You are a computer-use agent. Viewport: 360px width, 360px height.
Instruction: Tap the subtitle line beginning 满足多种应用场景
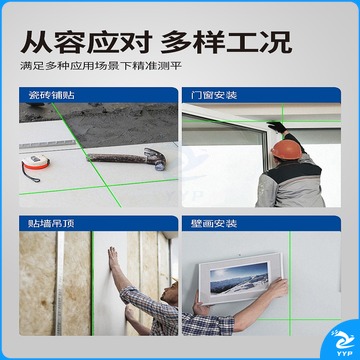[101, 65]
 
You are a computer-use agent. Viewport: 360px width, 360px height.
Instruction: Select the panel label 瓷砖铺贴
[51, 95]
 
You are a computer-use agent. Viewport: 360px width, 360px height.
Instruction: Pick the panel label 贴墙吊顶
[51, 223]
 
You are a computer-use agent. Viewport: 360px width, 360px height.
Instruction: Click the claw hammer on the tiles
[127, 158]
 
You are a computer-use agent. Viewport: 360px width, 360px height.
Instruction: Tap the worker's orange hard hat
[287, 150]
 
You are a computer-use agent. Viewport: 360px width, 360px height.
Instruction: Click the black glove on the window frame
[276, 127]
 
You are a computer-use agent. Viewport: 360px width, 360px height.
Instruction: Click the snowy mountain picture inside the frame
[239, 278]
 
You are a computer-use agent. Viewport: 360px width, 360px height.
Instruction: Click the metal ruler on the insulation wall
[60, 283]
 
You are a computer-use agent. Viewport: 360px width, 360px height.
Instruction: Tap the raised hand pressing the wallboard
[113, 258]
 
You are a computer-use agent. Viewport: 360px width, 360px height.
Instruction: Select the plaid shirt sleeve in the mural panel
[207, 324]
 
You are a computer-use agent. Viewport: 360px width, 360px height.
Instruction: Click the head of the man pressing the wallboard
[170, 291]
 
